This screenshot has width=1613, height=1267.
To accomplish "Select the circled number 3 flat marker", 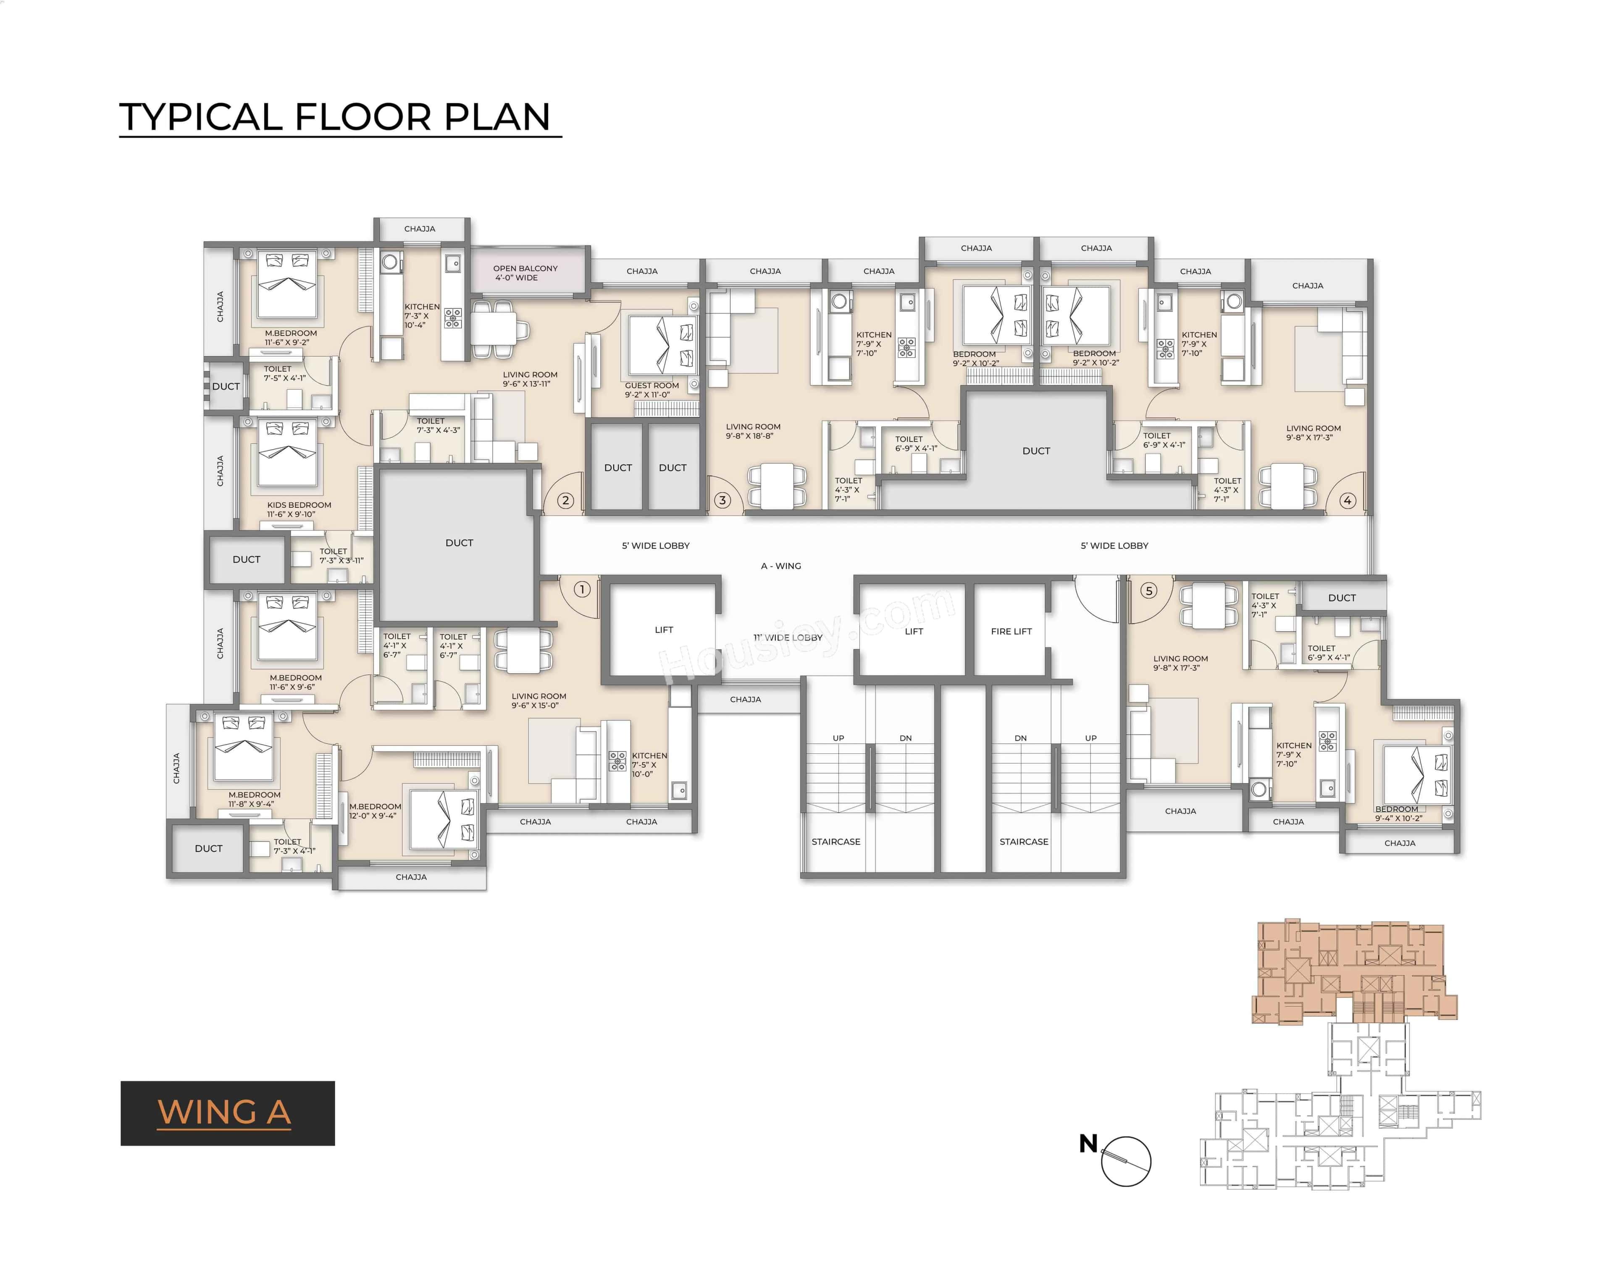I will (x=722, y=500).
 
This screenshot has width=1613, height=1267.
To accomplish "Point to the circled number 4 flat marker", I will (x=1348, y=500).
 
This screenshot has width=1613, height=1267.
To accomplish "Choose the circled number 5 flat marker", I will (x=1148, y=590).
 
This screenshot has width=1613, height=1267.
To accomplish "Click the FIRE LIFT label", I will (x=1011, y=631).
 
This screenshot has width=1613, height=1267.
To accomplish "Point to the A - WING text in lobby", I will (x=780, y=566).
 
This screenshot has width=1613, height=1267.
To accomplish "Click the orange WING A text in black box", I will (x=224, y=1113).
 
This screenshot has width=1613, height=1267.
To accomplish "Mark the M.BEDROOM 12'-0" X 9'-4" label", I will (x=375, y=811).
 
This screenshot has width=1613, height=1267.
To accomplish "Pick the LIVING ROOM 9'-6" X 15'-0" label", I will (x=538, y=700).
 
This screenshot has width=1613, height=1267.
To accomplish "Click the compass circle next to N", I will (x=1126, y=1161).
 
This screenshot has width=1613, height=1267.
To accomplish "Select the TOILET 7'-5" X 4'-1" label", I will (x=284, y=373).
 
